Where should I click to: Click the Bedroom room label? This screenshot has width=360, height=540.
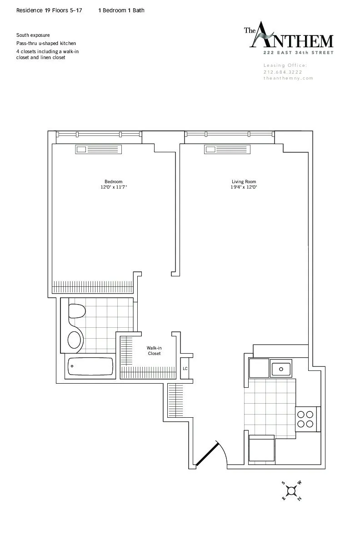click(x=113, y=182)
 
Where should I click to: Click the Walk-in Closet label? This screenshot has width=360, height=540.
click(x=154, y=351)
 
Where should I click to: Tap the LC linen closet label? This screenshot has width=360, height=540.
click(x=185, y=368)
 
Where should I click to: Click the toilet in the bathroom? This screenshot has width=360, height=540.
click(x=77, y=312)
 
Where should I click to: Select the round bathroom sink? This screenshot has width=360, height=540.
click(x=75, y=339)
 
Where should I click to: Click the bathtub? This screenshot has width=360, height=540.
click(x=90, y=366)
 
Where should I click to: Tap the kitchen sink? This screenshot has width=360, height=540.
click(x=281, y=368)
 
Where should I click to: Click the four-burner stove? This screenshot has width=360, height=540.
click(x=305, y=419)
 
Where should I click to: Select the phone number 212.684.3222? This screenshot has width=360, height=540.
click(x=283, y=72)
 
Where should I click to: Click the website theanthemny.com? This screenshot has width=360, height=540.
click(x=288, y=78)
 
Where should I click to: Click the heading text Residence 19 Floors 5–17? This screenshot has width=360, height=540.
click(x=49, y=10)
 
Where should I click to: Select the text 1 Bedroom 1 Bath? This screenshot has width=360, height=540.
click(x=121, y=10)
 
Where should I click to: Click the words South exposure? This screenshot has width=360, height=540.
click(x=33, y=35)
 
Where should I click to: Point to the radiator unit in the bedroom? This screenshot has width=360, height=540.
click(x=99, y=150)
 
